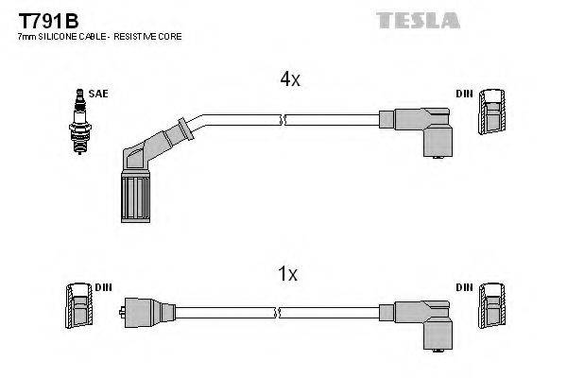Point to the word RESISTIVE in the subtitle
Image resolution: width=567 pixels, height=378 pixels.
click(140, 36)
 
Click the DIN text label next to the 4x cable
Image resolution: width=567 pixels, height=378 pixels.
click(464, 93)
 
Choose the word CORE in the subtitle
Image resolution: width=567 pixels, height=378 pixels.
click(170, 36)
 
